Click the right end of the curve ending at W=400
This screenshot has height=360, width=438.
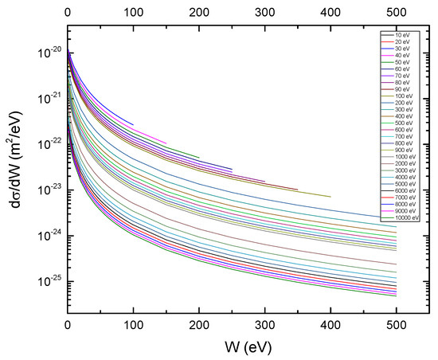coord(330,196)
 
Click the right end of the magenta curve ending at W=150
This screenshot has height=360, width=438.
coord(166,143)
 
